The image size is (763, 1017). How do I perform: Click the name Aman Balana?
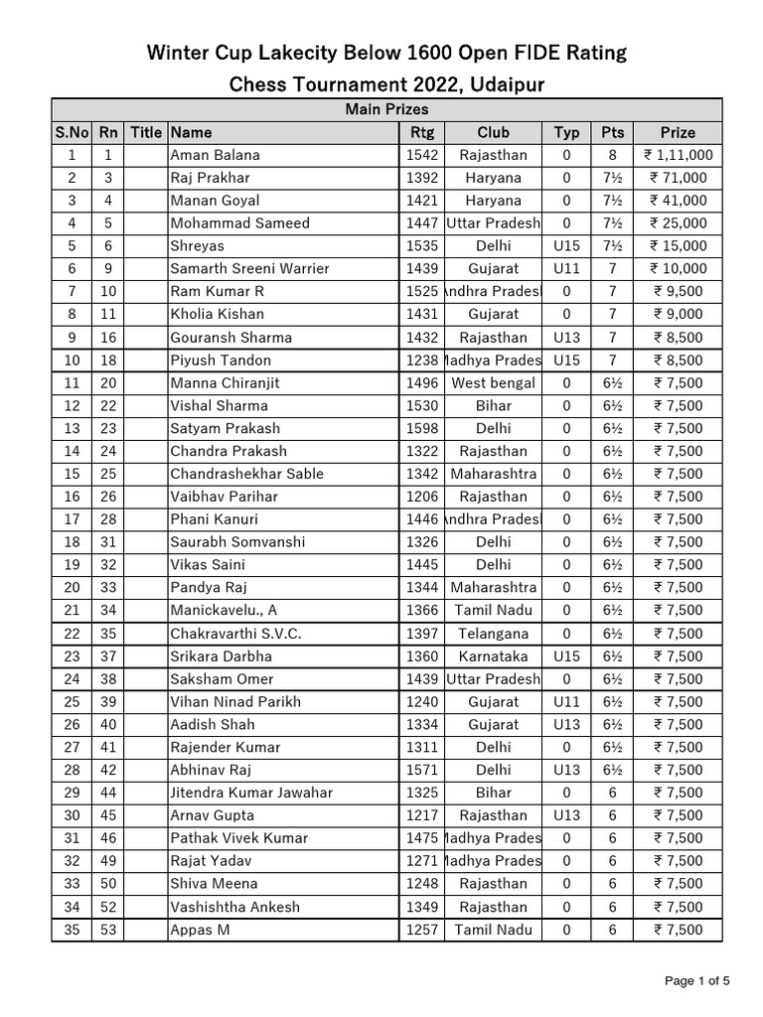tap(215, 155)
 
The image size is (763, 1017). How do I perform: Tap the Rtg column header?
tap(422, 132)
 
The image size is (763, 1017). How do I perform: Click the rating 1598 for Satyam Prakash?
tap(422, 428)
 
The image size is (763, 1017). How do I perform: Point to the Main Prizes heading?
tap(386, 109)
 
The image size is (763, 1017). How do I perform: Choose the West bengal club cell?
tap(493, 382)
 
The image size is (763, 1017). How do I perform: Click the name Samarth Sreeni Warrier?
tap(249, 268)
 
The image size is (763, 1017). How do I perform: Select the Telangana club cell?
tap(493, 634)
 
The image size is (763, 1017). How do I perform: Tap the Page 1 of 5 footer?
tap(697, 981)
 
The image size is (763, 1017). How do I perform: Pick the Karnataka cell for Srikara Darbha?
tap(493, 656)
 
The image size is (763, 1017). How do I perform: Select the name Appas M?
tap(200, 930)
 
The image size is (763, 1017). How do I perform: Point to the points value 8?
tap(612, 155)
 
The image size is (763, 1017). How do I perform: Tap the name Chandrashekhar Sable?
tap(246, 474)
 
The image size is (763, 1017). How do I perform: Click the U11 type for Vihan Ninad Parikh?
tap(566, 701)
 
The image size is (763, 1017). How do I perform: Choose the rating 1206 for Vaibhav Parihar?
tap(422, 497)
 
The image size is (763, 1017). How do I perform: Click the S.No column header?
tap(71, 132)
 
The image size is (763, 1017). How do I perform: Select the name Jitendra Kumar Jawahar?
tap(251, 793)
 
